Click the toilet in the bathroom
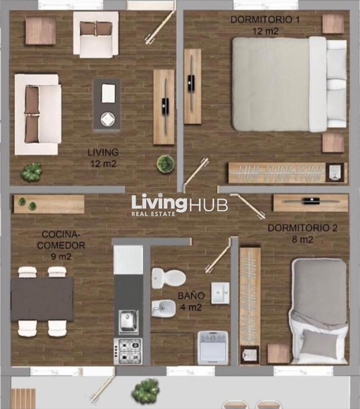click(x=169, y=278)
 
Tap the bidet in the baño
click(x=163, y=308)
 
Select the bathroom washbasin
click(x=220, y=293)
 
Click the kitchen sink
click(x=128, y=322)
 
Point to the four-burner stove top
click(x=128, y=351)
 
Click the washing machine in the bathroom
click(x=213, y=347)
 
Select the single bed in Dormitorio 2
click(x=319, y=311)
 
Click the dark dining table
click(x=42, y=299)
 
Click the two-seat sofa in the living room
click(x=38, y=114)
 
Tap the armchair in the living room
click(x=96, y=34)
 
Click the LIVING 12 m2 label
click(x=103, y=158)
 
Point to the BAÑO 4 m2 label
click(x=191, y=302)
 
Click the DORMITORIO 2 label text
click(x=302, y=228)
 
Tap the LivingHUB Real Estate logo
click(x=179, y=205)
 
